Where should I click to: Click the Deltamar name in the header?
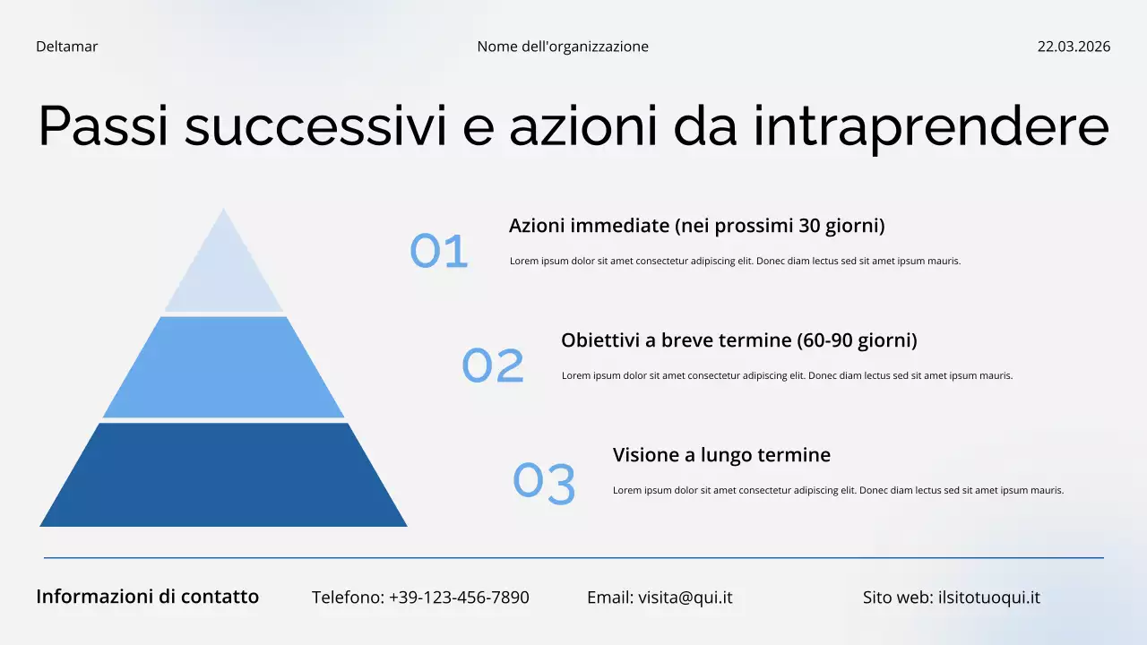point(66,47)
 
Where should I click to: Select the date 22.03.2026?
point(1074,47)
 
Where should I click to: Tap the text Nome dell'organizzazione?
point(563,47)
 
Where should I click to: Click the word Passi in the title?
point(103,126)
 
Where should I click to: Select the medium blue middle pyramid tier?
point(223,367)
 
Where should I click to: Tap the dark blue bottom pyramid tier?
point(223,475)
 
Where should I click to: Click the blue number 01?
point(439,252)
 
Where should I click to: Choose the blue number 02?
point(492,365)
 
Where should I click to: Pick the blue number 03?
point(544,483)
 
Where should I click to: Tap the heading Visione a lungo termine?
point(721,455)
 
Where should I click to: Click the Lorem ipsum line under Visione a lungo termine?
point(838,490)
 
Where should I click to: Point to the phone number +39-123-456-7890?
point(459,598)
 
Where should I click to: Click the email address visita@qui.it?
point(685,598)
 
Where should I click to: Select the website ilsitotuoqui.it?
point(988,598)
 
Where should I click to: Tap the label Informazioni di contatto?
point(147,597)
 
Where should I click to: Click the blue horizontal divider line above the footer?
point(573,558)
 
